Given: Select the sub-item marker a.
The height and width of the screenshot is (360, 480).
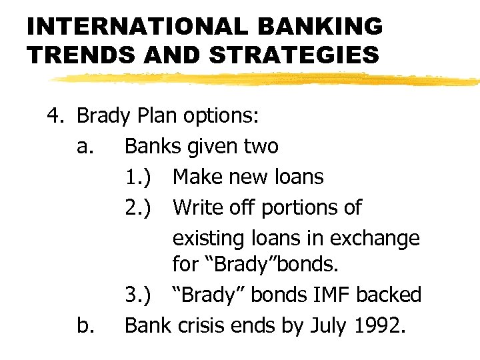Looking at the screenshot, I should click(x=84, y=145).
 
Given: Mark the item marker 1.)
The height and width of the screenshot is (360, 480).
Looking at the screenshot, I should click(x=140, y=177).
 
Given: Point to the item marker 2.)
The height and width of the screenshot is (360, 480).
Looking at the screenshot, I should click(x=140, y=207).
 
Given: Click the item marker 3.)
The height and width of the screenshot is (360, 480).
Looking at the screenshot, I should click(x=140, y=295).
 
